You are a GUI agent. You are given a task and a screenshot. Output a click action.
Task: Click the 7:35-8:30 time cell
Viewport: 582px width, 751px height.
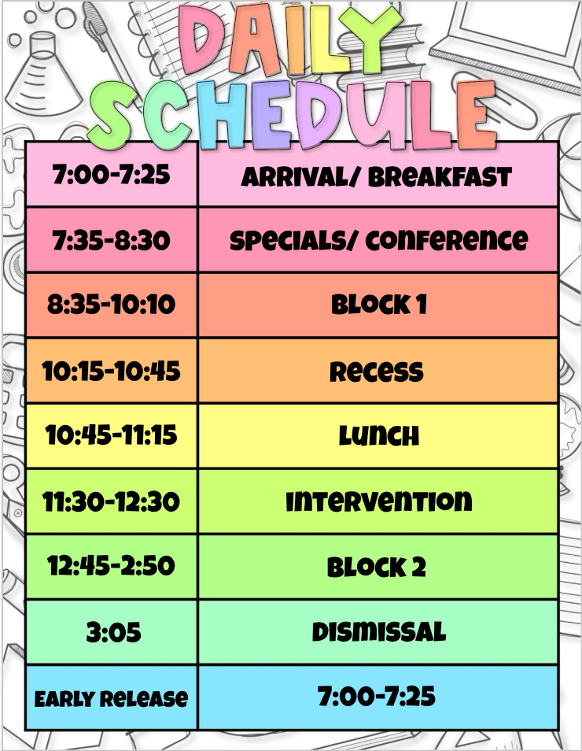[111, 240]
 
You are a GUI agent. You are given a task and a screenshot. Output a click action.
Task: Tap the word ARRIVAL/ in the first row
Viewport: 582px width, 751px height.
[300, 177]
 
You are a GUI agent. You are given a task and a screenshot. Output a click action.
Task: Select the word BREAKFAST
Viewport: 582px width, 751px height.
[440, 177]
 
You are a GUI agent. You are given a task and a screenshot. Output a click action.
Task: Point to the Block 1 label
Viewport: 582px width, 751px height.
[378, 305]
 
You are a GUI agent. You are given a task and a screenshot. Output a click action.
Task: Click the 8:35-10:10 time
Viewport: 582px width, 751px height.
[111, 305]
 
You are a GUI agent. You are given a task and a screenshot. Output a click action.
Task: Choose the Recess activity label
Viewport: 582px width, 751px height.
[377, 372]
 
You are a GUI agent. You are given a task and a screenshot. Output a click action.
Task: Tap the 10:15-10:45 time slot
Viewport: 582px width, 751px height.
[111, 372]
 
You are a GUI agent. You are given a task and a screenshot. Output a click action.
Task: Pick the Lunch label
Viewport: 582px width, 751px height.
[378, 436]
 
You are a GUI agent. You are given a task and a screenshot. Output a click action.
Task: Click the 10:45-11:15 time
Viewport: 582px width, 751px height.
[111, 435]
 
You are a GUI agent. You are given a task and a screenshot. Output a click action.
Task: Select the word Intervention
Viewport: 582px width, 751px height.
[378, 501]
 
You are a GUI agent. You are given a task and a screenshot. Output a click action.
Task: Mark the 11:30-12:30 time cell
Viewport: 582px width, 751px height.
[111, 501]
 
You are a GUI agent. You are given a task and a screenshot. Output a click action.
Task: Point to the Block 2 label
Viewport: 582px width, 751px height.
[377, 567]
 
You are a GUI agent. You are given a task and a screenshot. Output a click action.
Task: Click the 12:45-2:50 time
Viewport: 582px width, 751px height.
[111, 566]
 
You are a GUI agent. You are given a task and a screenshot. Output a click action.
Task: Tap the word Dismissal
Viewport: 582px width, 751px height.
[378, 632]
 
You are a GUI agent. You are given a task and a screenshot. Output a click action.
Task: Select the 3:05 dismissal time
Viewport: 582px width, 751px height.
[113, 632]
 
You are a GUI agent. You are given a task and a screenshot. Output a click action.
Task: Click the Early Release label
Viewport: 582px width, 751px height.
[111, 699]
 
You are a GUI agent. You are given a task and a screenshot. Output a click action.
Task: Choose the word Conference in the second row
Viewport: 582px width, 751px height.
[447, 240]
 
